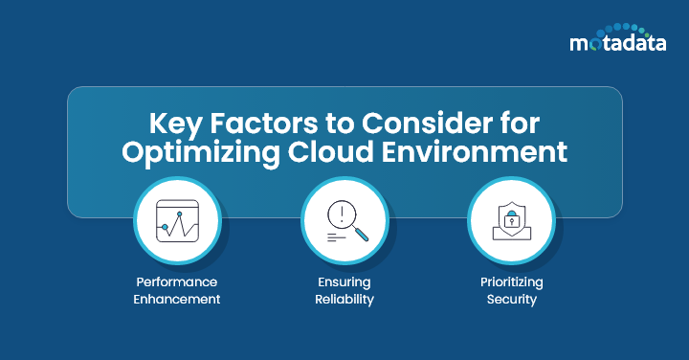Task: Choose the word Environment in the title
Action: tap(482, 153)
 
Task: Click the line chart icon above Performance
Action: tap(176, 223)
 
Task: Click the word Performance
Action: tap(176, 282)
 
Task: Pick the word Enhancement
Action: tap(176, 300)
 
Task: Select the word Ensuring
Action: tap(344, 282)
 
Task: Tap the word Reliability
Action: tap(344, 300)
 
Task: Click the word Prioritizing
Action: tap(512, 282)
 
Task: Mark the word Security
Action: tap(512, 300)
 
